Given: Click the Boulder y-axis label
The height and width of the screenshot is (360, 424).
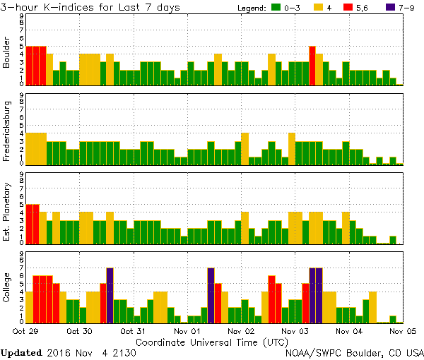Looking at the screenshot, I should [7, 52].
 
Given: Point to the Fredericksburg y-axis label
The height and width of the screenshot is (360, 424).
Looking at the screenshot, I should [7, 129].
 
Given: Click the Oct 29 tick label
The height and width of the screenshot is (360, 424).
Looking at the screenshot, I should [25, 330].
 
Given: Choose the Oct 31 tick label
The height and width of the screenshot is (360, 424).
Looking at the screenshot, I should [133, 330].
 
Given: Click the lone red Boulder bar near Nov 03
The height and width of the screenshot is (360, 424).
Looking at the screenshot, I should [312, 66].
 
